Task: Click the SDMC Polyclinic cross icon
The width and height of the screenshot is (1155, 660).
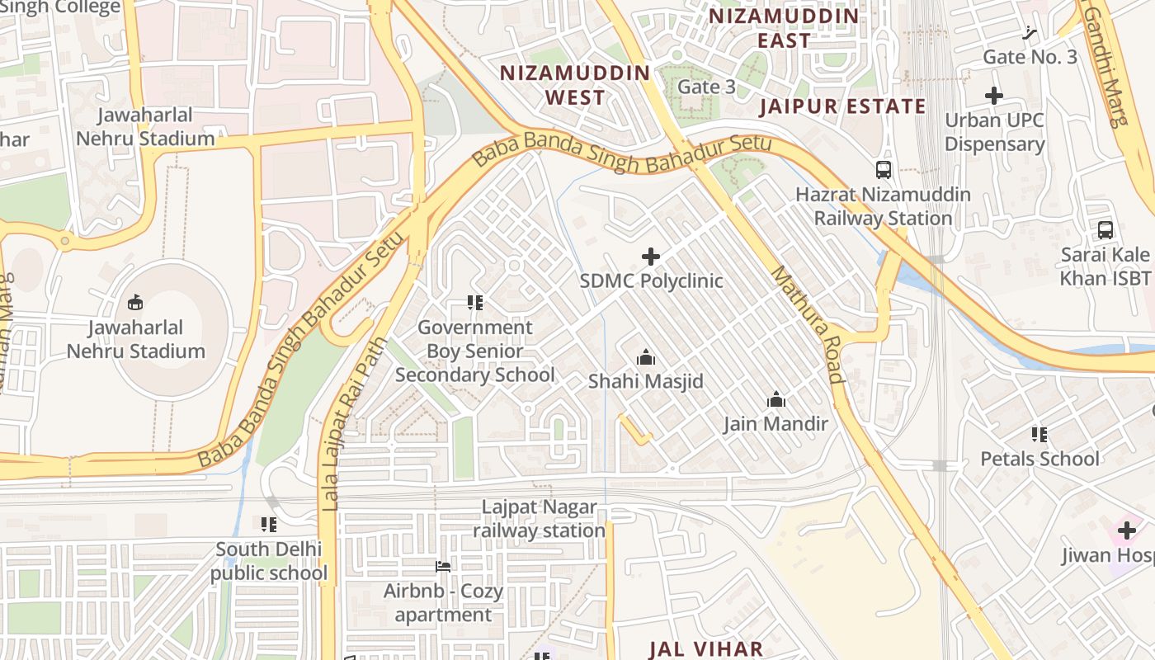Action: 651,257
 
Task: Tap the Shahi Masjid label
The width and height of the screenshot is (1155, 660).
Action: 645,381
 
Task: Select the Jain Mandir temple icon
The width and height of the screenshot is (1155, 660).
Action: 775,400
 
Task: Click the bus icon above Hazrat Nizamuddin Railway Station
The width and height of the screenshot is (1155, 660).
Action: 884,170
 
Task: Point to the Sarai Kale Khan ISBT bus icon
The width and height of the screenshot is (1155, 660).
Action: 1105,230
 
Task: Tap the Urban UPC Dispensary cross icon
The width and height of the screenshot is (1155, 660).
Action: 994,96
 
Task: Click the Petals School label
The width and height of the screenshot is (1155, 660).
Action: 1039,459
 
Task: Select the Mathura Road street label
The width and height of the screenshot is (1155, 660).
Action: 808,324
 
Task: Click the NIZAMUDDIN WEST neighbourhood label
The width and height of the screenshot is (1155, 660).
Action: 575,85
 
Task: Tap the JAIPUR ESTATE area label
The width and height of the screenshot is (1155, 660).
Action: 842,106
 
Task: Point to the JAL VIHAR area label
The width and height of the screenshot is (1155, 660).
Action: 706,648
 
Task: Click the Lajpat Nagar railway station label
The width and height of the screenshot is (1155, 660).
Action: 540,519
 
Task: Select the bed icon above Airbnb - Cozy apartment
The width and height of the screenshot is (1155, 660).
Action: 443,567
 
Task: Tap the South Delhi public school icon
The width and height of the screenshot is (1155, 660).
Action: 268,524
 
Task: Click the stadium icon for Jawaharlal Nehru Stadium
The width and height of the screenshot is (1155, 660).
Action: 135,303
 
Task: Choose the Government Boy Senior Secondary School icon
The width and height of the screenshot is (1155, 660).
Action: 474,303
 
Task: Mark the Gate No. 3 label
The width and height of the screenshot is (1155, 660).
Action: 1030,57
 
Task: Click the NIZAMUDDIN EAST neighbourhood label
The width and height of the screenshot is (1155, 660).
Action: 784,28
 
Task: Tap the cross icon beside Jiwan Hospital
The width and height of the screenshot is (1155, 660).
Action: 1127,530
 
